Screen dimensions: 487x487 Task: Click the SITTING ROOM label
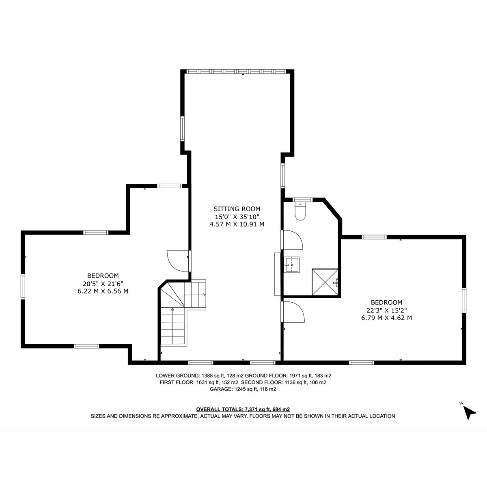pos(237,209)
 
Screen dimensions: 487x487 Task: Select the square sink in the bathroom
pos(292,264)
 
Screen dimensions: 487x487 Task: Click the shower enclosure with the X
pos(325,282)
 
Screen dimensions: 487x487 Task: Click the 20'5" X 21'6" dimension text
pos(103,283)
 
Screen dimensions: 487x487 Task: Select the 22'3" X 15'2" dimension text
pos(387,310)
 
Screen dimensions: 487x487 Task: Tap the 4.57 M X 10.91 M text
pos(237,224)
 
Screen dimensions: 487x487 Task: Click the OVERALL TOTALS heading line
pos(243,409)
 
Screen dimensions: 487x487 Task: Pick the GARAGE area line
pos(243,389)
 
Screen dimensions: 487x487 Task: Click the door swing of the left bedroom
pos(178,261)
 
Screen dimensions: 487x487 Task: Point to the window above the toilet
pos(302,200)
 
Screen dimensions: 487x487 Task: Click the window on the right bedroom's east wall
pos(464,300)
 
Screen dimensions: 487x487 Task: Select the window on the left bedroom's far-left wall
pos(23,287)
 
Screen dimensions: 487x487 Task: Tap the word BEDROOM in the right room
pos(387,302)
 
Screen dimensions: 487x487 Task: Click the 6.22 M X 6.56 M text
pos(103,291)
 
